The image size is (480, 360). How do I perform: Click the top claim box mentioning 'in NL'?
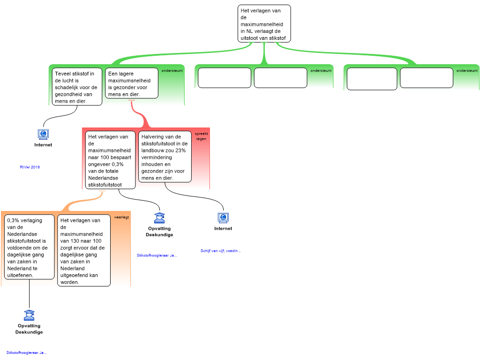pos(264,24)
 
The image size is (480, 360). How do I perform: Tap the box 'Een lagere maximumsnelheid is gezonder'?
pos(131,83)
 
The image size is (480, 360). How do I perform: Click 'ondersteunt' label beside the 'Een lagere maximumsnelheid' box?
pos(172,71)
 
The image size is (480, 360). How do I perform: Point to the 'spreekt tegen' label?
pos(201,136)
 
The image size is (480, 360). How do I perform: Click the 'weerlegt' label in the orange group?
pos(121,217)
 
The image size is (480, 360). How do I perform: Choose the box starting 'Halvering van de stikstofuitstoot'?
pos(165,157)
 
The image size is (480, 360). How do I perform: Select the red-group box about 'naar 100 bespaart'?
pos(110,160)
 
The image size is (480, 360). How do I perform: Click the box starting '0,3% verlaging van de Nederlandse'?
pos(30,247)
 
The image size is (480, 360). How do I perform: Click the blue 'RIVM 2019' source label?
pos(30,167)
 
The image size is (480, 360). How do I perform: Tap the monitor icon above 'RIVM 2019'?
pos(43,135)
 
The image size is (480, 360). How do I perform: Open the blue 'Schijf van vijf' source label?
pos(220,251)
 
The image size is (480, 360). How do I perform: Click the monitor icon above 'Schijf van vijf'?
pos(223,218)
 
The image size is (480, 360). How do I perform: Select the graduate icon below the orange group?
pos(29,315)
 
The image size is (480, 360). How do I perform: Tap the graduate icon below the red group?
pos(159,218)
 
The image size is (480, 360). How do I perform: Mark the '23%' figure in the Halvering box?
pos(180,150)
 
